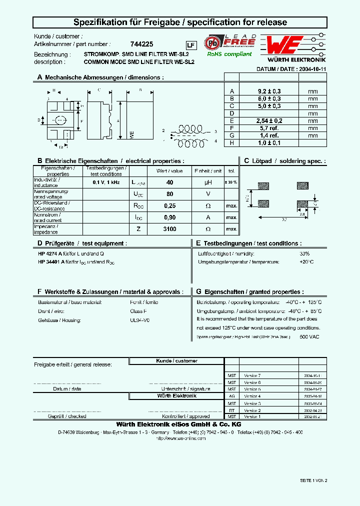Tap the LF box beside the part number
pos(190,45)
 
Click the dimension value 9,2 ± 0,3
pos(269,91)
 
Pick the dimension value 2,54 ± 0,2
pos(269,121)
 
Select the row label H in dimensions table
pos(231,143)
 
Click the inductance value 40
pos(169,183)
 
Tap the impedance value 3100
pos(169,229)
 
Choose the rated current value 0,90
pos(169,217)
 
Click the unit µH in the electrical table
pos(208,183)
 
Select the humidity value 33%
pos(304,253)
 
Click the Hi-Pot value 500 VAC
pos(309,337)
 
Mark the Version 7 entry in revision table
pos(252,375)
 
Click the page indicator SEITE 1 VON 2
pos(313,480)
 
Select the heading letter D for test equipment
pos(39,243)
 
